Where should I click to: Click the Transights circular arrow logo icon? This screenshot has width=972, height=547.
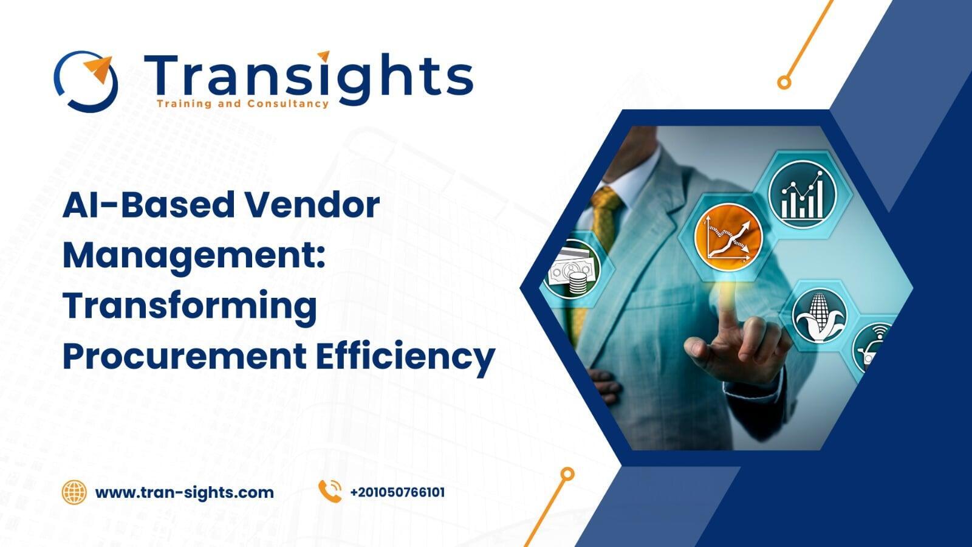(86, 80)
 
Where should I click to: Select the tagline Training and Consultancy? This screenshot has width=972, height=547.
(242, 104)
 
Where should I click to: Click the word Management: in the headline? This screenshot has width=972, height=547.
(194, 256)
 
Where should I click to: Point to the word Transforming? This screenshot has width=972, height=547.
(190, 306)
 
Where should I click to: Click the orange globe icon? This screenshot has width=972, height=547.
(74, 492)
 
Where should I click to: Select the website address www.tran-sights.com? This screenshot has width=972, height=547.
(185, 492)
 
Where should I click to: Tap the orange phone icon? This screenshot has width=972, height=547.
(330, 492)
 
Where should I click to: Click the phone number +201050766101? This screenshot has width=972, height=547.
(397, 492)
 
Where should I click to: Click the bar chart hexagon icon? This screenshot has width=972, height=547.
(802, 193)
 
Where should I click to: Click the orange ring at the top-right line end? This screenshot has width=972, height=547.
(784, 83)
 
